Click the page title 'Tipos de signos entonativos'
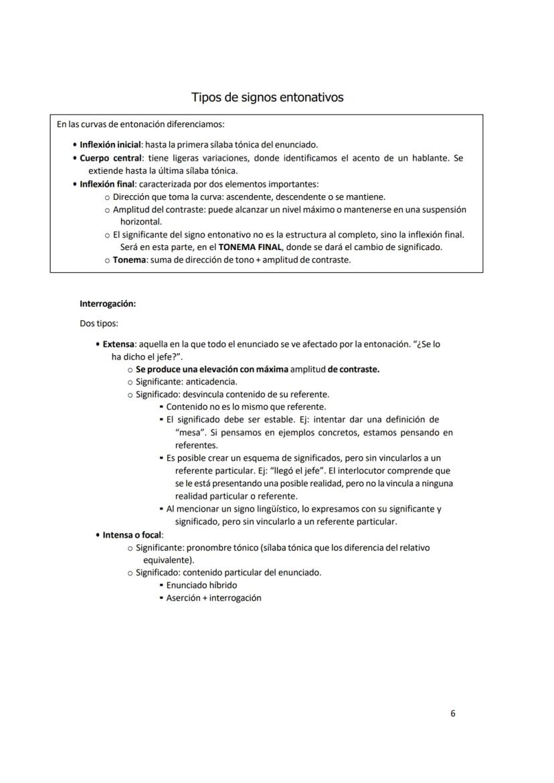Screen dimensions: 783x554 pos(267,98)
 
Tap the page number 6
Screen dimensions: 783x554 pos(453,713)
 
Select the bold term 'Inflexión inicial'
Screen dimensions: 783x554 pos(110,145)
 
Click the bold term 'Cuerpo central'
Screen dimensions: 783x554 pos(111,158)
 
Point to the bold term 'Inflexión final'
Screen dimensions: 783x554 pos(108,184)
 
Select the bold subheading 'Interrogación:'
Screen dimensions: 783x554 pos(108,304)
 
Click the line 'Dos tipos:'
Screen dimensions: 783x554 pos(99,324)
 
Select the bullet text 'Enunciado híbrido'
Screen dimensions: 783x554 pos(201,585)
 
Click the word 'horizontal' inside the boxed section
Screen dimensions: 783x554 pos(141,221)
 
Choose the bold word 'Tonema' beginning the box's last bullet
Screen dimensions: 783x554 pos(130,259)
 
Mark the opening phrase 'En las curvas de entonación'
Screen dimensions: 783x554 pos(106,124)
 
